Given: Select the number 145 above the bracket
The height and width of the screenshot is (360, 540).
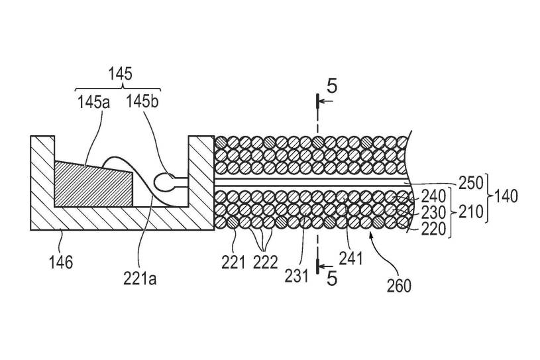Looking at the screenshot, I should pos(121,74).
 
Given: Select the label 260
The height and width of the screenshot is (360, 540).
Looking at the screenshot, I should pos(398,285).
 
